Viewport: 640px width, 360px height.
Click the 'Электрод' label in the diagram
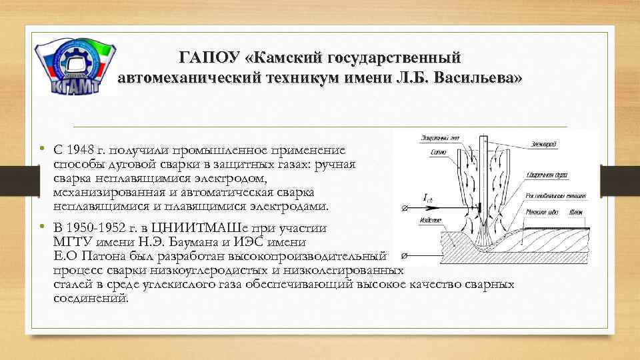tap(545, 145)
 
